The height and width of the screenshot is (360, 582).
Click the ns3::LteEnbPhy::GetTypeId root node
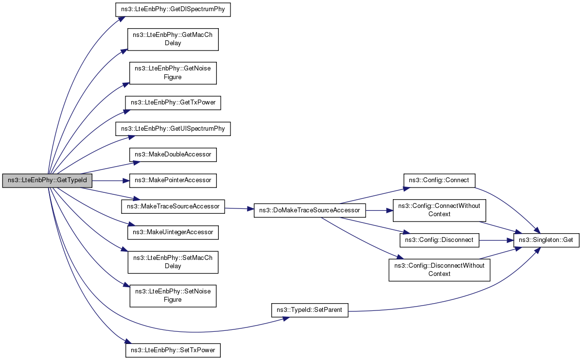pyautogui.click(x=47, y=181)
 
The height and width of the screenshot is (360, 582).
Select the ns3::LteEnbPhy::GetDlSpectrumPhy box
pyautogui.click(x=173, y=9)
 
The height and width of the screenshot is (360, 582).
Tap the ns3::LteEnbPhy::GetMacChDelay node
pyautogui.click(x=173, y=39)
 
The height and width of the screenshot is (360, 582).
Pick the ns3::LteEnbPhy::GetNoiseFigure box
pyautogui.click(x=173, y=73)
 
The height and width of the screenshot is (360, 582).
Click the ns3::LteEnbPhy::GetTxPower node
pyautogui.click(x=173, y=103)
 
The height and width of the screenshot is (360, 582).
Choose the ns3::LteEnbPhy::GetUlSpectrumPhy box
pyautogui.click(x=173, y=129)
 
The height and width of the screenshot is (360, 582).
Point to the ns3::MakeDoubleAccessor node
pyautogui.click(x=173, y=154)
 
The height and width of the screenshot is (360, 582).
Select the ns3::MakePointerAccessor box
pyautogui.click(x=173, y=180)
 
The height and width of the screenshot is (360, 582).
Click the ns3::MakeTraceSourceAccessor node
pyautogui.click(x=173, y=206)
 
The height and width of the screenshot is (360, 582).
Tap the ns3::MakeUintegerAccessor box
pyautogui.click(x=173, y=232)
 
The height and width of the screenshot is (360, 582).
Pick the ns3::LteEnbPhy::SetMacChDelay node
pyautogui.click(x=173, y=262)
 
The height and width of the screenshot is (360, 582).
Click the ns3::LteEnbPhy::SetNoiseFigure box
pyautogui.click(x=173, y=295)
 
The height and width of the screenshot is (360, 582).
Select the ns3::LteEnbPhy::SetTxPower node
pyautogui.click(x=173, y=350)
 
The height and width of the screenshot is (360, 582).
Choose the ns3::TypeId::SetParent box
pyautogui.click(x=310, y=310)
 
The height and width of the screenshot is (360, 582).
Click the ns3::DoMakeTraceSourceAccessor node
pyautogui.click(x=310, y=210)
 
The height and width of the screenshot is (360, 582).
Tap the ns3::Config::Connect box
pyautogui.click(x=440, y=180)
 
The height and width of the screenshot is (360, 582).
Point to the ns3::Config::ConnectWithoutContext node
pyautogui.click(x=440, y=210)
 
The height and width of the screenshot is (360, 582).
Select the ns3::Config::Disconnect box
pyautogui.click(x=440, y=240)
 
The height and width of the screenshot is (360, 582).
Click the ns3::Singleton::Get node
pyautogui.click(x=546, y=240)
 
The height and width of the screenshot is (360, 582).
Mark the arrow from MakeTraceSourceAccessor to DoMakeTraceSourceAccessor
pyautogui.click(x=239, y=209)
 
